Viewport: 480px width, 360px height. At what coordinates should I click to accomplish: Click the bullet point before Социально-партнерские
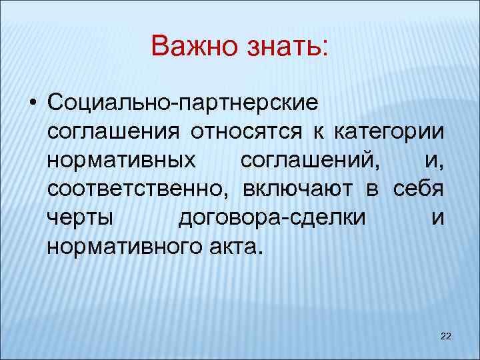point(32,103)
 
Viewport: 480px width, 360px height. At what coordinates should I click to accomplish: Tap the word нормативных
point(122,161)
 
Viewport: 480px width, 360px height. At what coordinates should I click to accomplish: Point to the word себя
point(418,189)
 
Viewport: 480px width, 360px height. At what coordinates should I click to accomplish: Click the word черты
point(81,219)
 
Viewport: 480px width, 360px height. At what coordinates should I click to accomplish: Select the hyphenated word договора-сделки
point(273,219)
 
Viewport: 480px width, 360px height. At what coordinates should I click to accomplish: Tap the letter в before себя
point(372,189)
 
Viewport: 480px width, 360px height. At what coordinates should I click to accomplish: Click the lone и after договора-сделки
point(437,219)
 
